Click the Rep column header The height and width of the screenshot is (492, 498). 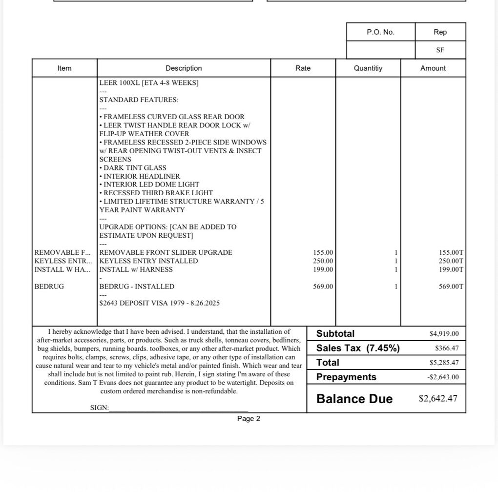(440, 32)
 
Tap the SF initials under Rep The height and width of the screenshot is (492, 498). (440, 50)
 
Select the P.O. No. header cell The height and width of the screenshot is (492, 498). (380, 32)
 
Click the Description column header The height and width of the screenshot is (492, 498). (184, 68)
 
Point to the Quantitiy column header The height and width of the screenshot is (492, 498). (368, 68)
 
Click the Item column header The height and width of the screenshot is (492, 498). (64, 68)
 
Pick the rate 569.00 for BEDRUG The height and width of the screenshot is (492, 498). (323, 287)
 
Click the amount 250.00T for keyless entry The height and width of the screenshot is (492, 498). (451, 261)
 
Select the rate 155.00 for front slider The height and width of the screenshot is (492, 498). (323, 252)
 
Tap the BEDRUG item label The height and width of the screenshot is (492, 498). (49, 287)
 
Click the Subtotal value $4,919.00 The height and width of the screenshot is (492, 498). (444, 334)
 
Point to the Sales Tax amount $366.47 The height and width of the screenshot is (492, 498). (447, 348)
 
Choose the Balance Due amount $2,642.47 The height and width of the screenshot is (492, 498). (438, 398)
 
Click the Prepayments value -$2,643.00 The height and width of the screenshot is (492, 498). (443, 377)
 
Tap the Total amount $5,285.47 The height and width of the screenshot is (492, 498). (444, 363)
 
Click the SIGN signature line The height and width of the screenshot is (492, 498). (178, 408)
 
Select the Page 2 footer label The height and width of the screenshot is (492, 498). (249, 419)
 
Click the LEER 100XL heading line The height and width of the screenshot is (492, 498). (149, 83)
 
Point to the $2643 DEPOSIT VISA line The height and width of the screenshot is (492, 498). (159, 303)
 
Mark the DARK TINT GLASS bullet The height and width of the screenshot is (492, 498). (133, 168)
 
